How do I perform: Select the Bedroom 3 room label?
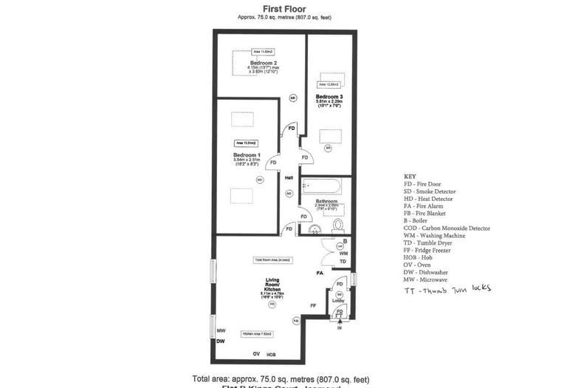tap(329, 97)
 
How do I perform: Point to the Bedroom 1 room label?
tap(247, 155)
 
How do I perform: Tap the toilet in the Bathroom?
tap(339, 225)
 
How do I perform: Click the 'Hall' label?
tap(289, 177)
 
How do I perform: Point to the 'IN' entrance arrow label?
tap(340, 327)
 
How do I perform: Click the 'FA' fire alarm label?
tap(320, 274)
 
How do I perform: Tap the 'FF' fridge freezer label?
tap(313, 304)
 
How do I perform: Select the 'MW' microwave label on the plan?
tap(221, 331)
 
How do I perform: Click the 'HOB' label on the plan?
tap(271, 355)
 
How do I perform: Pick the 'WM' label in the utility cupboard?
tap(343, 253)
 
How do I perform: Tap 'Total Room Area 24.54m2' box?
tap(272, 260)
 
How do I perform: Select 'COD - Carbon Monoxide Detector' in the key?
tap(447, 228)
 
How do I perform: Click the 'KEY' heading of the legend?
tap(410, 177)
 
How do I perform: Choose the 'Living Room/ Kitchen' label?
tap(272, 285)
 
